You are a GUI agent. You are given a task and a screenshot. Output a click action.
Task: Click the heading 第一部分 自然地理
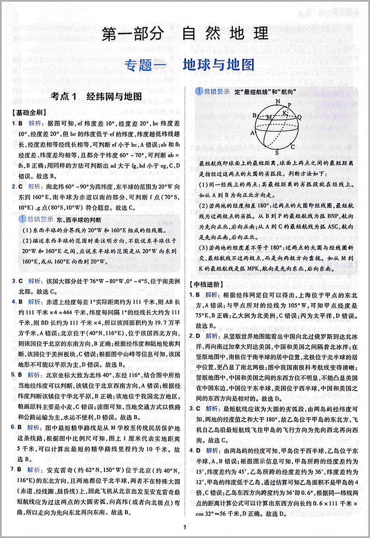(x=185, y=34)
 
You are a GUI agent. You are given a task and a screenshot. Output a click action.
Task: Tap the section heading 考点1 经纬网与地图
(x=97, y=97)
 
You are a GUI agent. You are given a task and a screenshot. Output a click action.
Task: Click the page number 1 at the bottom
(x=185, y=528)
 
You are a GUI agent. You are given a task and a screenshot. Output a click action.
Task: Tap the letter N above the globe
(x=278, y=102)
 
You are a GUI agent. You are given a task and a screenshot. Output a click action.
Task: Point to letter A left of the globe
(x=252, y=132)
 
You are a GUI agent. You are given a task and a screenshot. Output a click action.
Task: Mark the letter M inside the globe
(x=268, y=117)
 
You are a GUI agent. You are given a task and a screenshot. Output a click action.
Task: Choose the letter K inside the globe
(x=285, y=112)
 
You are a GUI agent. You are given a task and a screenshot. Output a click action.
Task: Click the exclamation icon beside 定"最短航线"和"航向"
(x=199, y=92)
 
